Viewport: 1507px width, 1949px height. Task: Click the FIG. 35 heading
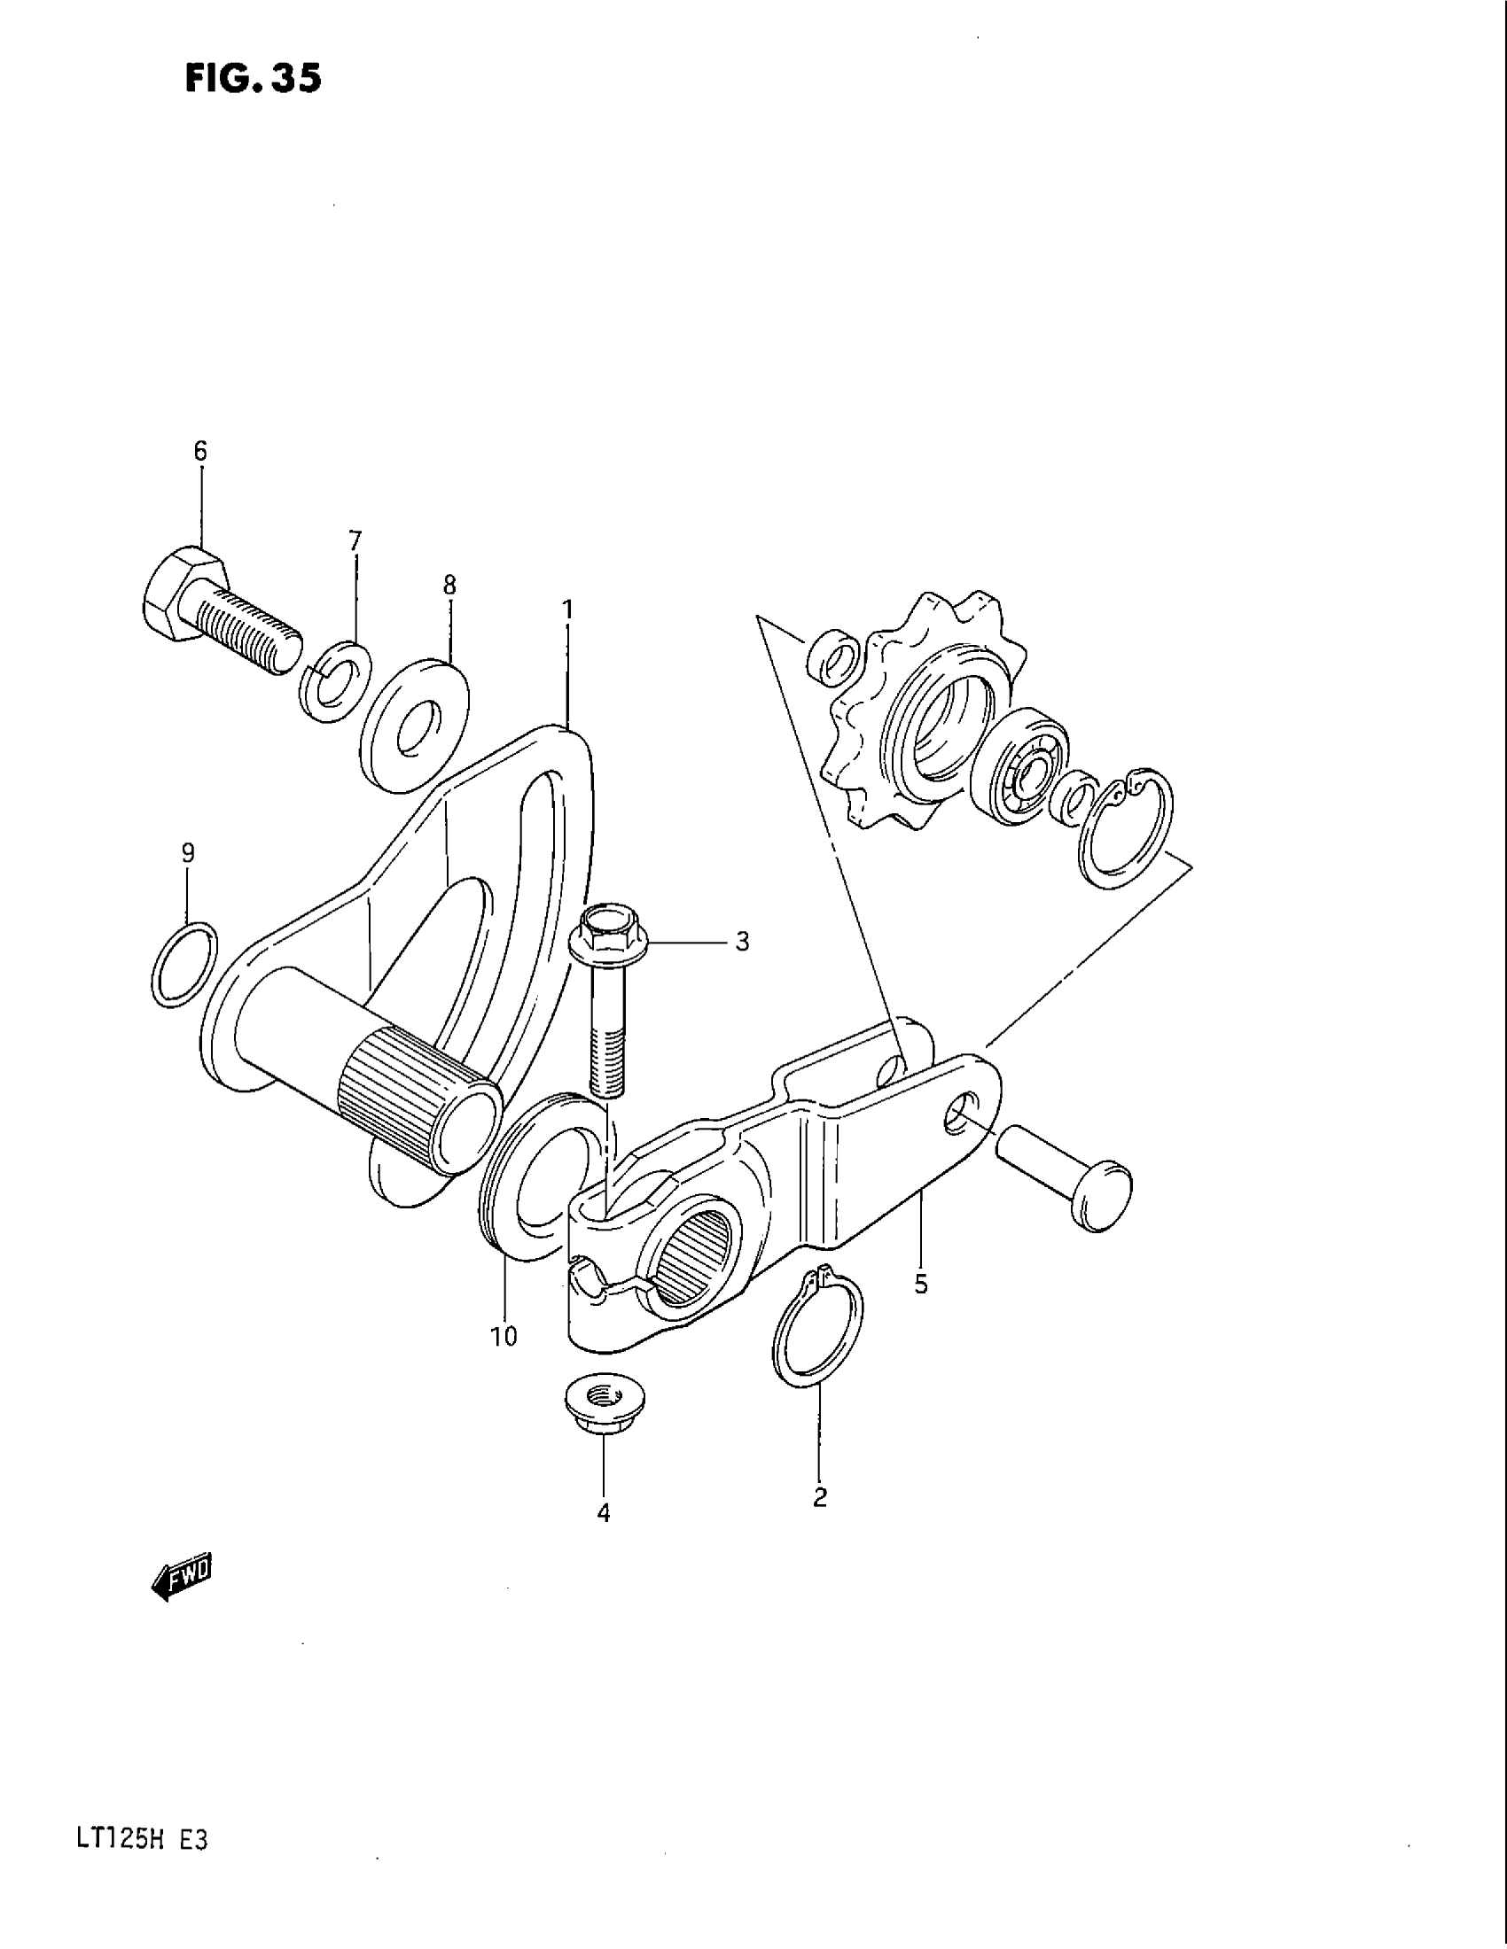point(252,79)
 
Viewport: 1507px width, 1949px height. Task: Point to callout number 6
point(200,452)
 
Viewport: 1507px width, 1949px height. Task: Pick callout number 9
point(187,853)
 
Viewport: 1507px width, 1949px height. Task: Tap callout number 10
point(504,1361)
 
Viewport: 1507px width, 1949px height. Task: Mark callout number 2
point(820,1496)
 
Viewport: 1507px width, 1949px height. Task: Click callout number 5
point(921,1285)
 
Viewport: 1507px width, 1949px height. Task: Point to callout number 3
point(742,942)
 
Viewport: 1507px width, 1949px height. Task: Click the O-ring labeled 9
point(184,964)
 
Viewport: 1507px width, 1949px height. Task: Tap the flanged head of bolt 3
point(606,934)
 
